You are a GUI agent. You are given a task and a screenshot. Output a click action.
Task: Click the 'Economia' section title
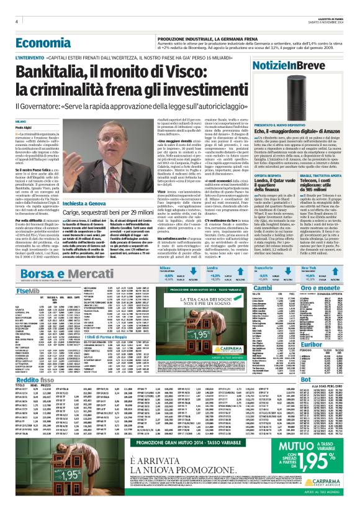tap(44, 43)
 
